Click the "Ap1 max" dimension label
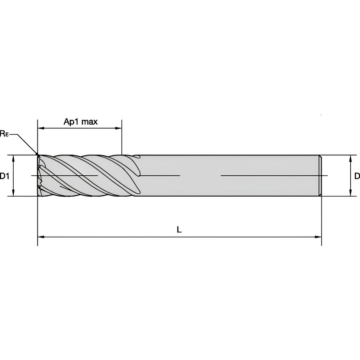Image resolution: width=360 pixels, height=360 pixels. tap(81, 122)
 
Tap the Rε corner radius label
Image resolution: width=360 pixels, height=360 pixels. tap(4, 134)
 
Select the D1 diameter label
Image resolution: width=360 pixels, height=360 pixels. tap(4, 176)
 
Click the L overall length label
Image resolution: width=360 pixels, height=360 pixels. tap(179, 230)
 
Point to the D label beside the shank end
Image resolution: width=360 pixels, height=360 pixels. tap(357, 176)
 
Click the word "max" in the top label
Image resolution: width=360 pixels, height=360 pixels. tap(89, 122)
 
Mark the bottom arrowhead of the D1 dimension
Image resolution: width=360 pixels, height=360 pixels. tap(13, 193)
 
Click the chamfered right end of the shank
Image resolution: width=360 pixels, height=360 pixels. tap(320, 176)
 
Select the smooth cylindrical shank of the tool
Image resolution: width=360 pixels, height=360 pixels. tap(230, 166)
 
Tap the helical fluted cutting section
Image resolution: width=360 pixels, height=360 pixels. tap(86, 176)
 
